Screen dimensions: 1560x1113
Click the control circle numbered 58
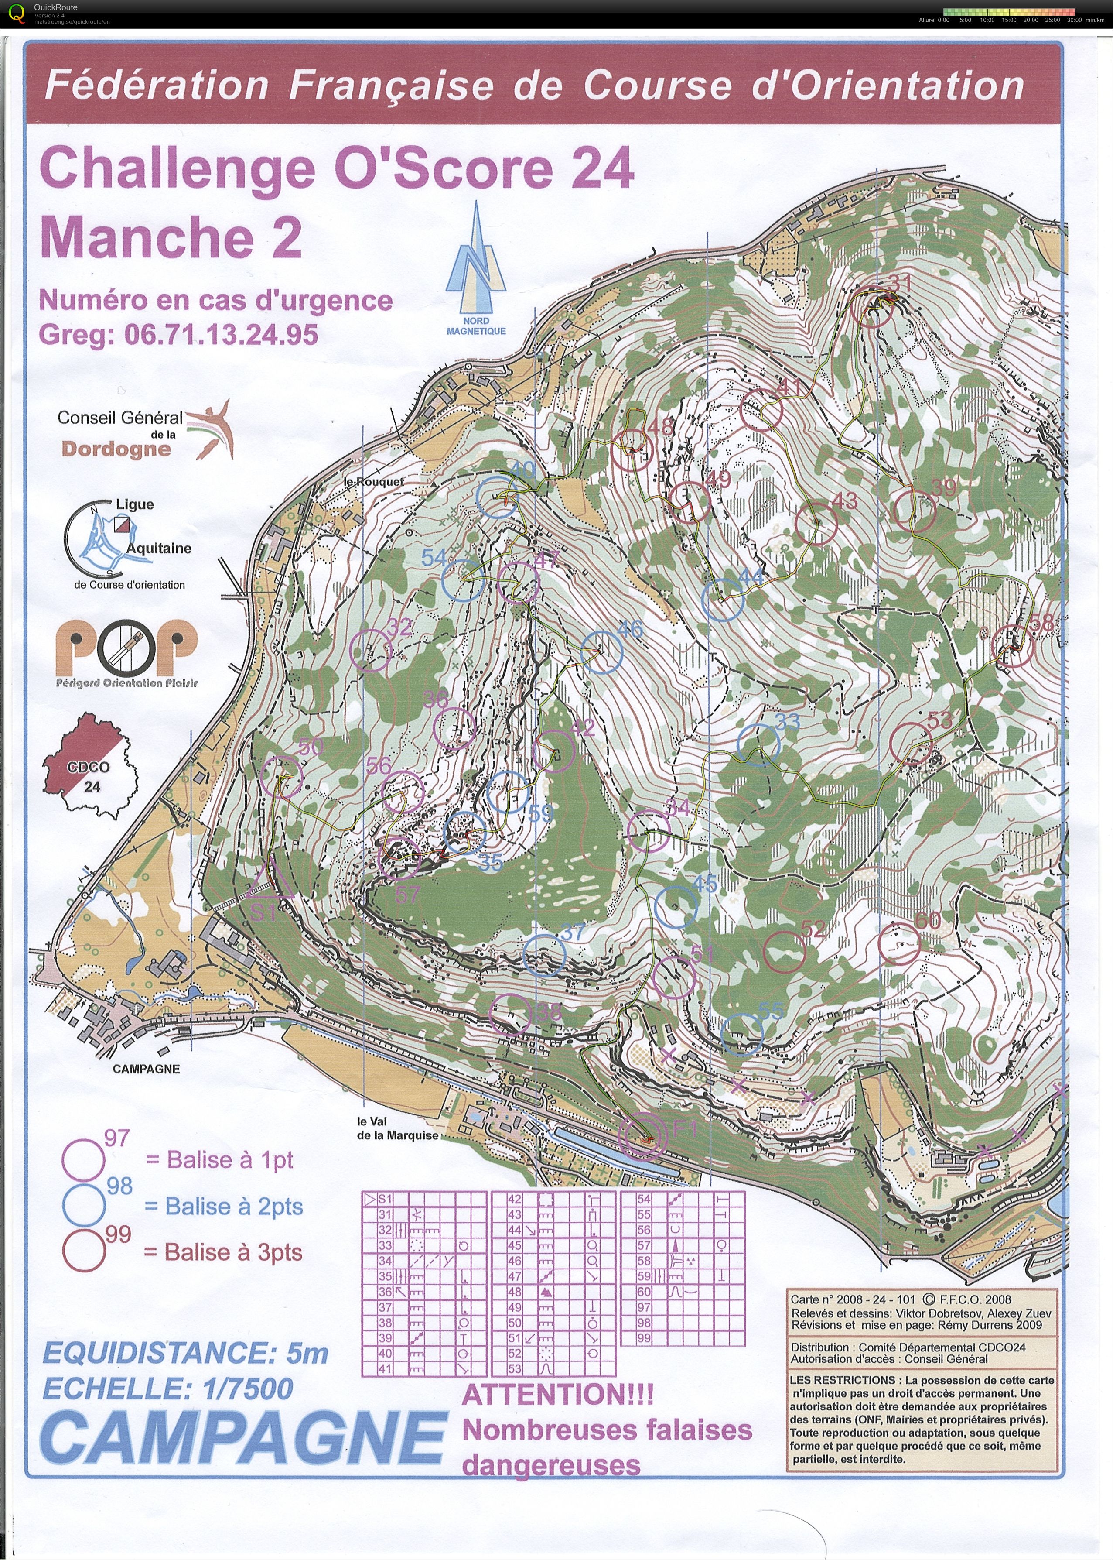pyautogui.click(x=1012, y=646)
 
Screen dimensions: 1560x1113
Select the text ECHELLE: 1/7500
pyautogui.click(x=168, y=1389)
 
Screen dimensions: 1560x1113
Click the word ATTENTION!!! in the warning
pyautogui.click(x=558, y=1394)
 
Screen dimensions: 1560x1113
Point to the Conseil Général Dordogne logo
pyautogui.click(x=144, y=432)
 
